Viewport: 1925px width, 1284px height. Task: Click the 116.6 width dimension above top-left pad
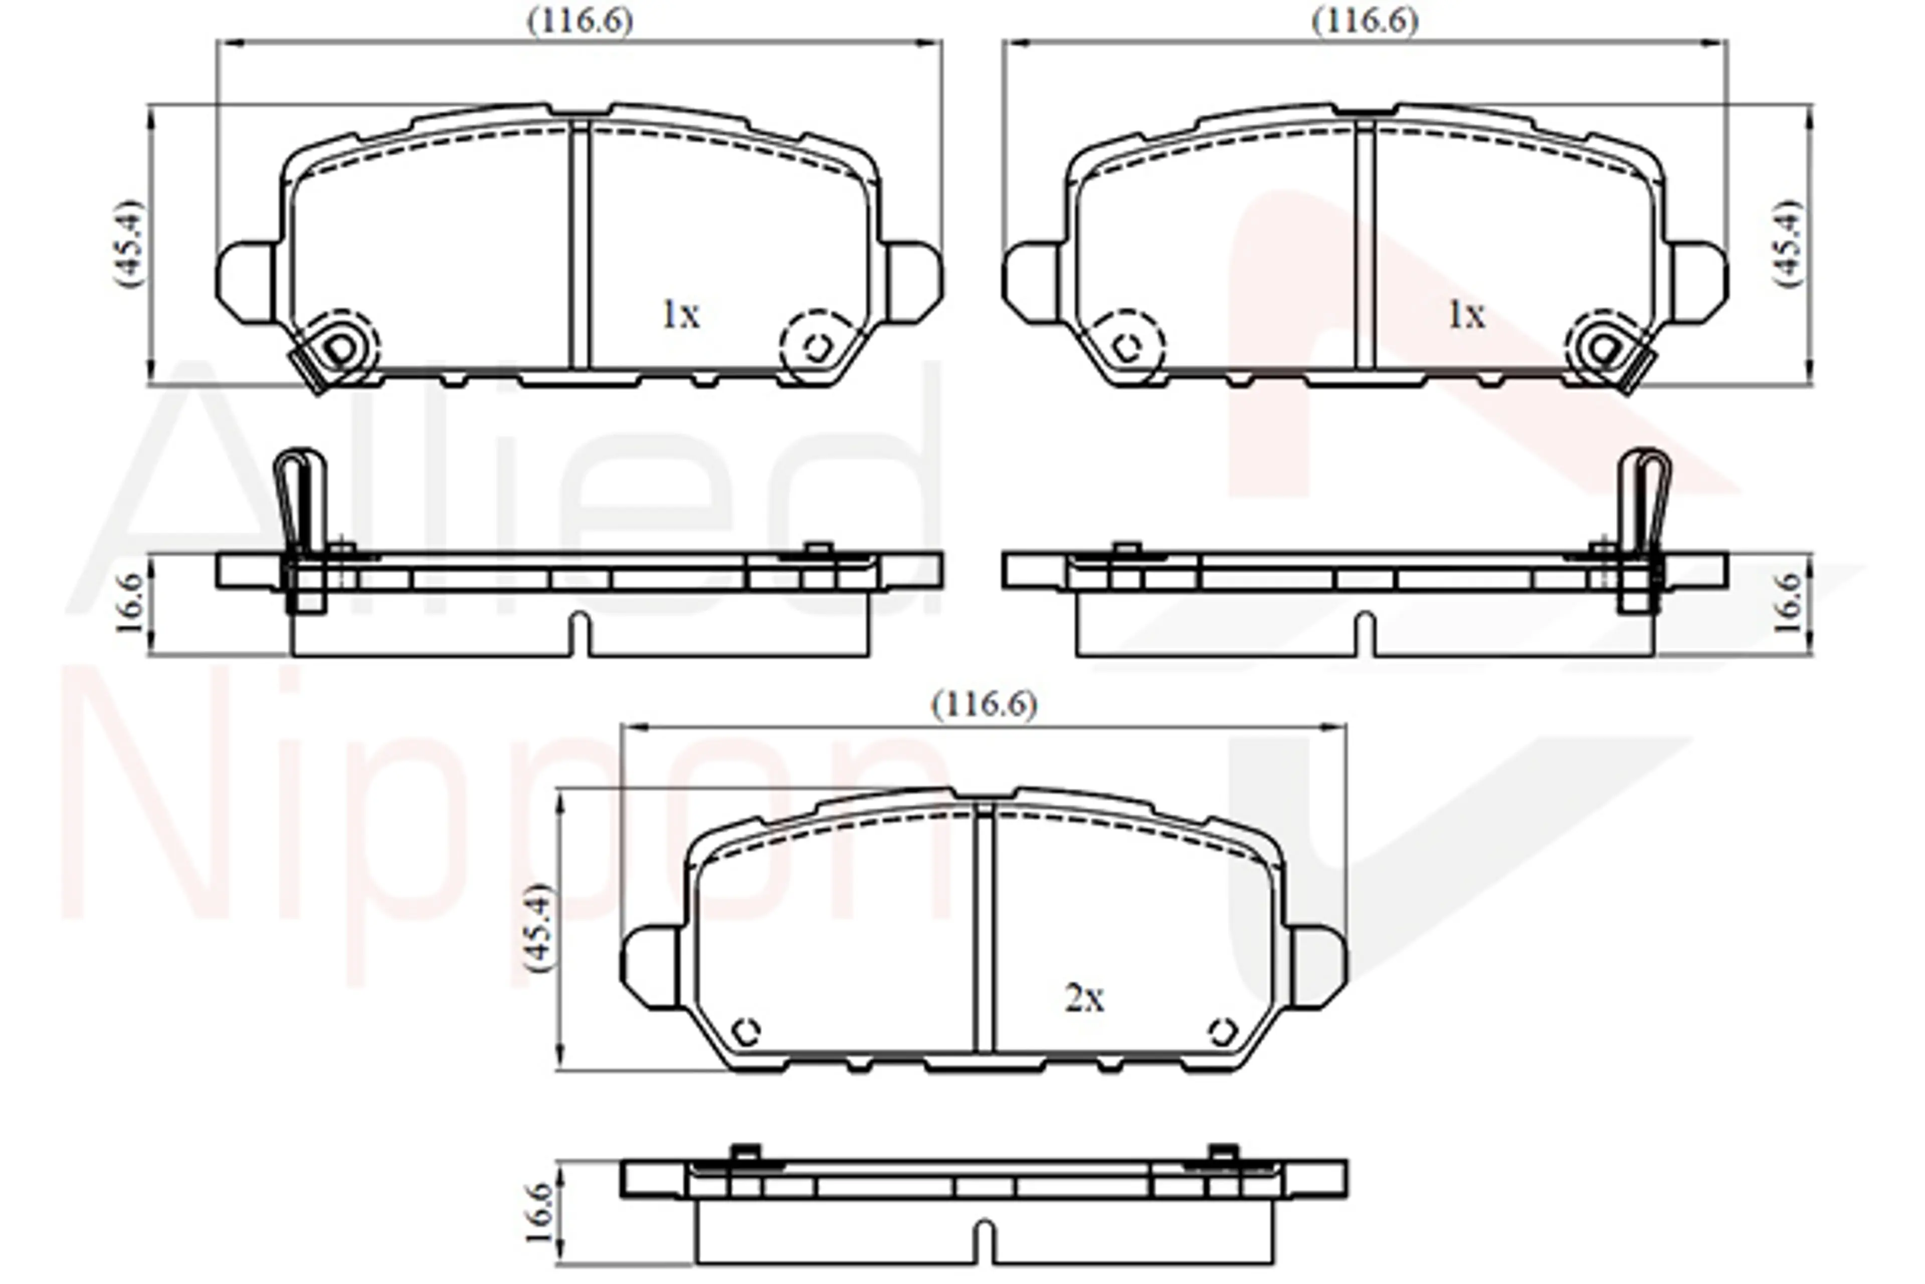[580, 21]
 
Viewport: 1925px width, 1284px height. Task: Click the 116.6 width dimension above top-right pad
[1365, 21]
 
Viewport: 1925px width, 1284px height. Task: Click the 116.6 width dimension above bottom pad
[985, 705]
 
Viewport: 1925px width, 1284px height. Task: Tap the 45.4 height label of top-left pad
[128, 243]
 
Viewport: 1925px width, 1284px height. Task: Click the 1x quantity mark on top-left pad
[680, 314]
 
